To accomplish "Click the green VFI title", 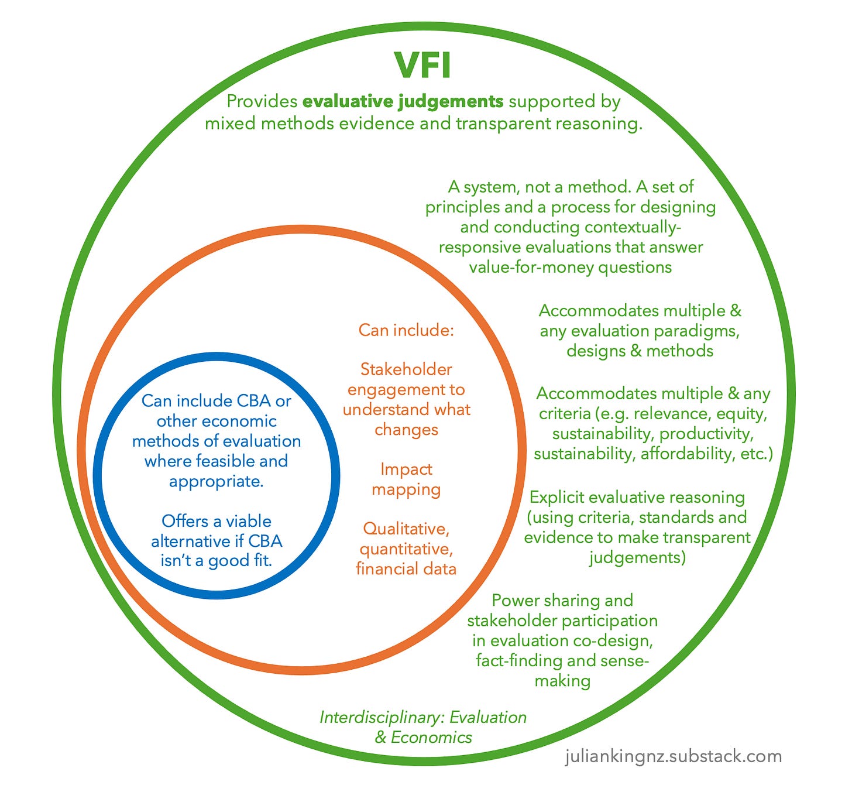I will click(x=422, y=66).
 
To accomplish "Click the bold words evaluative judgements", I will click(x=403, y=102).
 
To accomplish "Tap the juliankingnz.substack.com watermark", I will click(x=674, y=756).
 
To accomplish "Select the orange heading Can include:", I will click(x=406, y=330).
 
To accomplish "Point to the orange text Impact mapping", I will click(x=406, y=479).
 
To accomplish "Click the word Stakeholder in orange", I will click(x=406, y=369).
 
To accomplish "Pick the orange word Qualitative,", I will click(x=406, y=529).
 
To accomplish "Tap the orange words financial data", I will click(x=406, y=569).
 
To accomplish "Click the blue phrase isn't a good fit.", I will click(x=217, y=561).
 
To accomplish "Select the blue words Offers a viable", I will click(x=217, y=521).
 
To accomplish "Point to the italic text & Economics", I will click(x=423, y=737).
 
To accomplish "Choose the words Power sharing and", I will click(x=562, y=601).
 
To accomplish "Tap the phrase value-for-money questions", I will click(x=570, y=267).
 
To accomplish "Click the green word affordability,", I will click(x=685, y=454).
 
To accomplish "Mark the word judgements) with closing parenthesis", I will click(x=637, y=557).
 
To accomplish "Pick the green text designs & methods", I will click(x=640, y=351).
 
